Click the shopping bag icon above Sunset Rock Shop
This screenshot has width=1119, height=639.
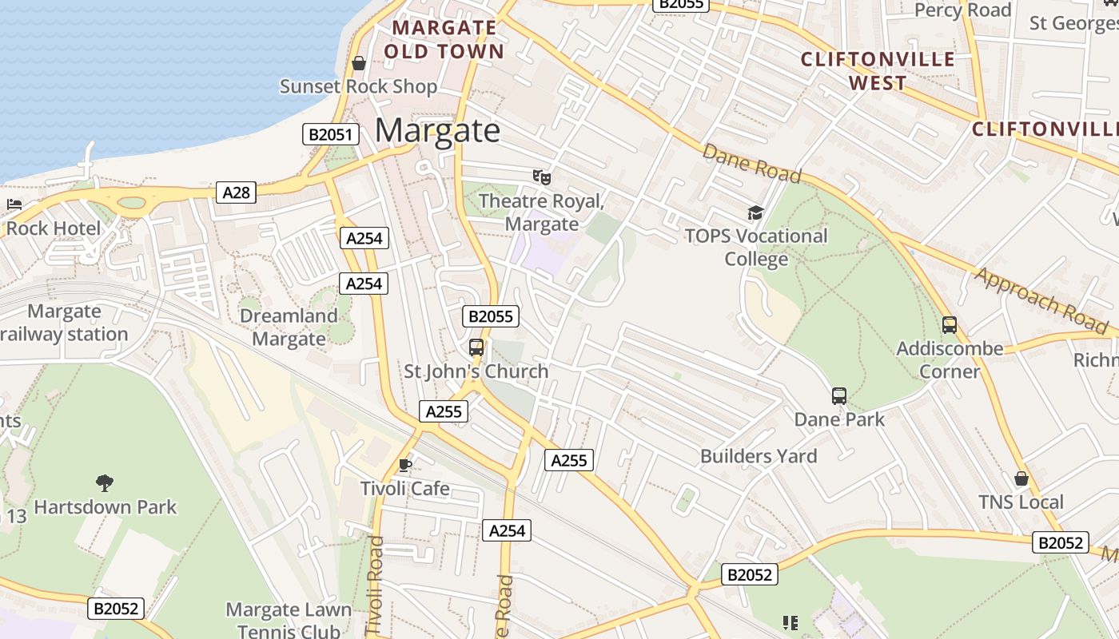pos(359,63)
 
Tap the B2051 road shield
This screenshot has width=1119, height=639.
pos(329,134)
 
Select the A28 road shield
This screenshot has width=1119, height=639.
pos(236,192)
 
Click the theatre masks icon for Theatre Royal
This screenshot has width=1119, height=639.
pos(542,177)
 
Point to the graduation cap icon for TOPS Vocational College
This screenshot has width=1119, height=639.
pos(755,212)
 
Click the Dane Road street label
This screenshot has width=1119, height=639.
pos(751,163)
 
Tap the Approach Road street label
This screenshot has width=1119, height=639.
pos(1041,300)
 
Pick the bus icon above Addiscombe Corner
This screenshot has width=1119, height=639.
pos(950,325)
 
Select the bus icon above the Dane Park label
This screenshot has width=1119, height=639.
pos(839,395)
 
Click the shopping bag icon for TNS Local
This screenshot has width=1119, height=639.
pos(1021,478)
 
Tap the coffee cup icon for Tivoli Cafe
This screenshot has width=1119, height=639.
pos(405,465)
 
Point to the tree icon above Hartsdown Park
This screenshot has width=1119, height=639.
pos(104,482)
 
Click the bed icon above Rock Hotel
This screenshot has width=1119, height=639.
pos(14,204)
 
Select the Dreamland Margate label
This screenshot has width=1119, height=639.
pos(289,327)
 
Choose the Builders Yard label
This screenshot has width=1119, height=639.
pos(759,456)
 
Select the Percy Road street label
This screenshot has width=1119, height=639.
pos(962,10)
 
